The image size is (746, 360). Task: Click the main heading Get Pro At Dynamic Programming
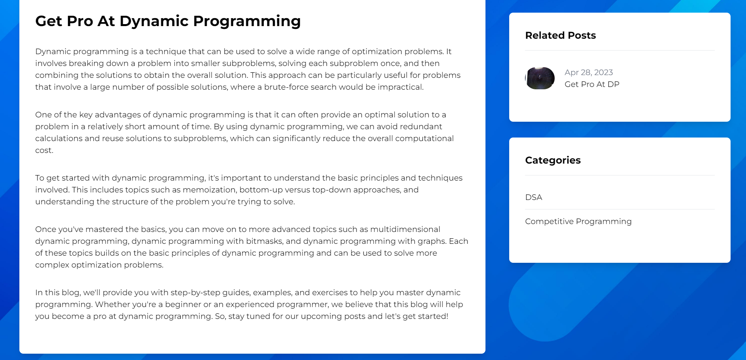tap(168, 21)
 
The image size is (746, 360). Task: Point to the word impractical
tap(400, 87)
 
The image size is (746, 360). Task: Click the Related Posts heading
tap(561, 36)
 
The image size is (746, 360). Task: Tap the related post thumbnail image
tap(540, 78)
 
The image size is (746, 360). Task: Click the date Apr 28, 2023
tap(589, 73)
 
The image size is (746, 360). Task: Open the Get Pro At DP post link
tap(592, 84)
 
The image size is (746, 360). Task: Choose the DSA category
tap(534, 197)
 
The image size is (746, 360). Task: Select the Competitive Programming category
tap(578, 222)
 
